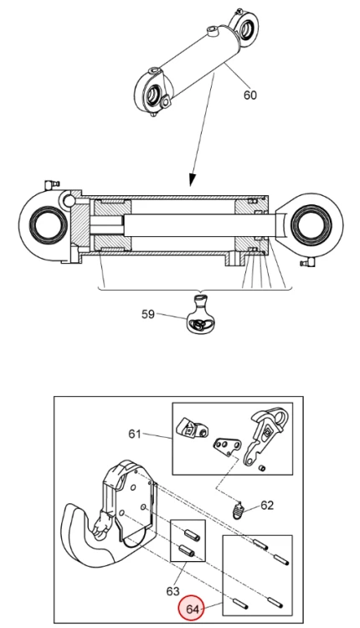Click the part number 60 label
(x=249, y=95)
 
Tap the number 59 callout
(x=148, y=314)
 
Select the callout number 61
(x=135, y=434)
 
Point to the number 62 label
(x=267, y=505)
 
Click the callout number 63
(x=173, y=591)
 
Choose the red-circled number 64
(x=193, y=609)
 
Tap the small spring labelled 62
(x=239, y=512)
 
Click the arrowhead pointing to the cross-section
(x=193, y=180)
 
